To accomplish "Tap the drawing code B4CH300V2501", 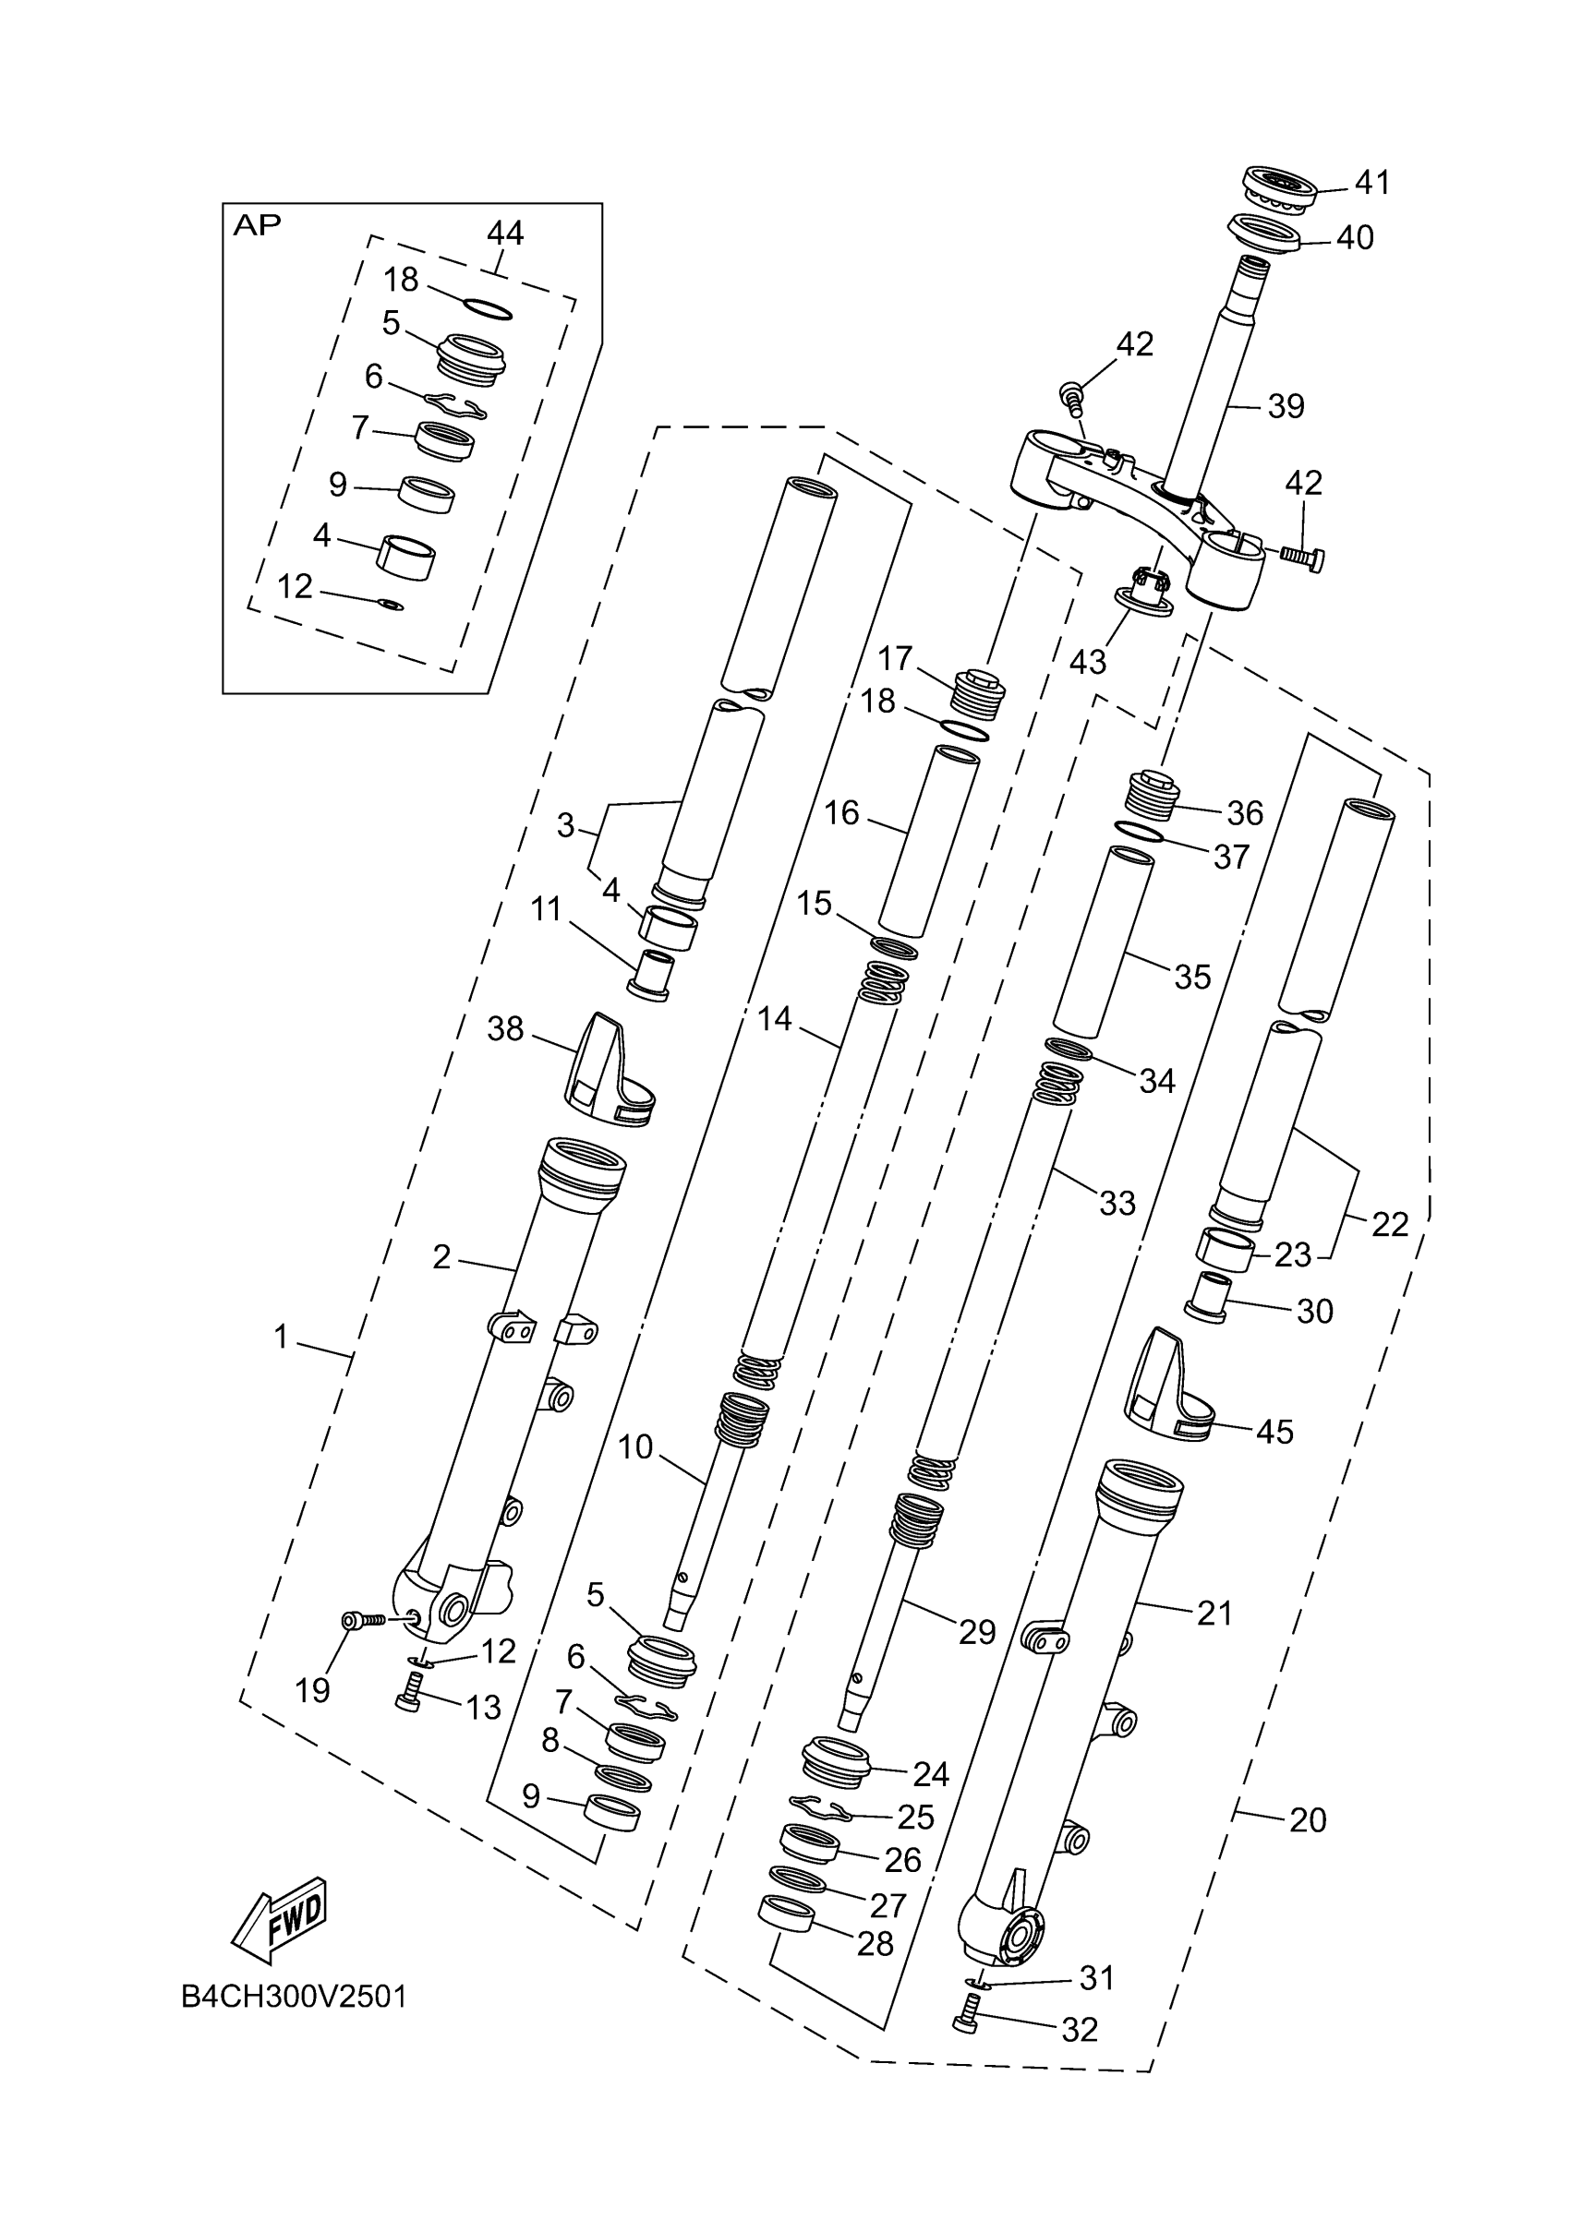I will pos(294,1997).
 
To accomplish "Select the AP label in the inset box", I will pos(258,225).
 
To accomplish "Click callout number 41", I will pos(1371,182).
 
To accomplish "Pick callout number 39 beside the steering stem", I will pos(1286,406).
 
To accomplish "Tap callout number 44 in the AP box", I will pos(505,233).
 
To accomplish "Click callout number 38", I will pos(505,1029).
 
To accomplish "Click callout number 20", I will pos(1308,1819).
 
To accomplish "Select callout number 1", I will pos(281,1338).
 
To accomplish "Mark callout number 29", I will pos(977,1632).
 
